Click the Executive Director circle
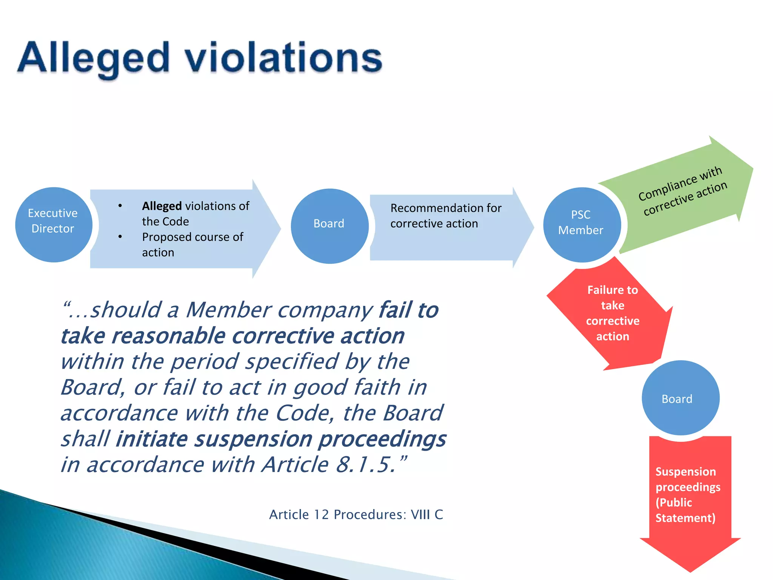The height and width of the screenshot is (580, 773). pos(53,225)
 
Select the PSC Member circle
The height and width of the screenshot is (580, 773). pos(582,225)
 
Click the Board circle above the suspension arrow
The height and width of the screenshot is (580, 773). pos(680,398)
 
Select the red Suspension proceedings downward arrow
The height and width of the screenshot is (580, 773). pos(689,498)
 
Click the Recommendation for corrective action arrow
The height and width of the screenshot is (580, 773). pos(445,227)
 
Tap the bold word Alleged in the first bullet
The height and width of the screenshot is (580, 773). pos(162,206)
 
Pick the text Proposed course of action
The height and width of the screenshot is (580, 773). pos(192,244)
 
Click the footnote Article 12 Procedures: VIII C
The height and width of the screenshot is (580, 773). pos(356,515)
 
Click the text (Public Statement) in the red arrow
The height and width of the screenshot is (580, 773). pos(685,510)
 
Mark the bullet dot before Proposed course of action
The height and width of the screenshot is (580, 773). pos(120,237)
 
